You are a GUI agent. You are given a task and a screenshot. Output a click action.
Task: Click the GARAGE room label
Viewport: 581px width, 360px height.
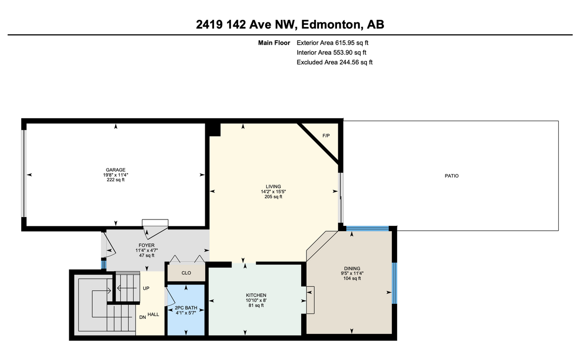116,170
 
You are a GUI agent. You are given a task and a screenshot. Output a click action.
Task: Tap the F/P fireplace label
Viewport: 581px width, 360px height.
326,135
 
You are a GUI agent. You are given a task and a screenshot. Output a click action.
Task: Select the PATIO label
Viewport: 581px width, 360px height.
451,176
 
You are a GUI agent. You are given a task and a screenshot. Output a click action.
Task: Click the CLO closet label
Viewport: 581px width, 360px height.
186,273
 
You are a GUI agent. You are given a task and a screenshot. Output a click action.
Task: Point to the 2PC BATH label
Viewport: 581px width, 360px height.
185,308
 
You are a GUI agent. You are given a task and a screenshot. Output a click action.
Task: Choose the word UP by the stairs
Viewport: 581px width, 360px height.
146,288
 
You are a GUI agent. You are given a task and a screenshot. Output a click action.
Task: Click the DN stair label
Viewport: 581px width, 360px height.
143,318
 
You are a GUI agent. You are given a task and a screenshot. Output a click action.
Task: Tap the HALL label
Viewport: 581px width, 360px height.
153,314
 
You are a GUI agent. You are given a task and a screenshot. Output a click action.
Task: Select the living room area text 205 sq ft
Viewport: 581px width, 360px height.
273,197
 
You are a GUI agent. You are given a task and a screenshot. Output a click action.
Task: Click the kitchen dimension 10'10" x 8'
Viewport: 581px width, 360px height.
256,300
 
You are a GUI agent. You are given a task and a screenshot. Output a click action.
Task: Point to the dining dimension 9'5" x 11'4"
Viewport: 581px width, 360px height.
352,273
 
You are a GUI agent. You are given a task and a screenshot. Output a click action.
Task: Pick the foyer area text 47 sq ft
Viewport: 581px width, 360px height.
146,255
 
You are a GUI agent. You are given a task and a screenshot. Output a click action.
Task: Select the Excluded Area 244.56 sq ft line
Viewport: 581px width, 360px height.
334,62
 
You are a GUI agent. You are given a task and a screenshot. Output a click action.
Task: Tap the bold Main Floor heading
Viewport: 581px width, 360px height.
274,43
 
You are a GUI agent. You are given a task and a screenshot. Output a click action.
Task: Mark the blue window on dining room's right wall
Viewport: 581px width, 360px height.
394,283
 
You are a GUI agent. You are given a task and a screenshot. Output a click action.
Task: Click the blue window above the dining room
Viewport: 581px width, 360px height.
367,228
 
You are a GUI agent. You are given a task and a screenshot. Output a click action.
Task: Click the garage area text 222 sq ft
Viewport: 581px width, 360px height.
116,180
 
